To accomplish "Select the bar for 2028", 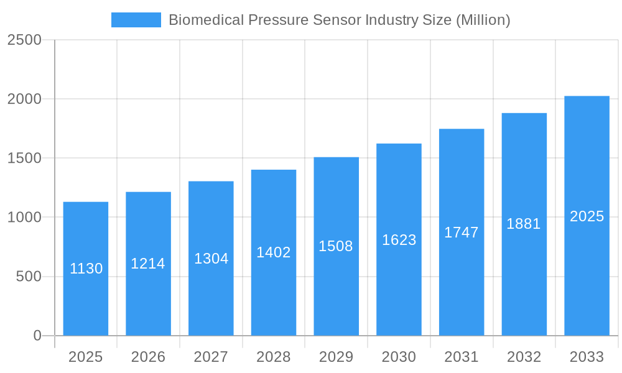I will click(x=274, y=292).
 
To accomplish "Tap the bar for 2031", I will click(x=462, y=280).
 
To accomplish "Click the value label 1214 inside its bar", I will click(x=148, y=264).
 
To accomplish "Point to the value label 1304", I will click(x=211, y=259).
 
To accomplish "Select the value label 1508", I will click(x=336, y=246).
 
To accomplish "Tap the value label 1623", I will click(x=399, y=240).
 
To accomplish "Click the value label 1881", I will click(x=524, y=224).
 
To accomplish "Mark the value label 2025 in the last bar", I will click(x=587, y=216).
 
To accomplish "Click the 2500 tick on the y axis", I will click(x=24, y=40).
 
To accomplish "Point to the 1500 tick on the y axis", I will click(x=24, y=159).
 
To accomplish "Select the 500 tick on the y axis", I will click(x=29, y=277).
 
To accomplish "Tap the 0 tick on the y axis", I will click(x=37, y=336).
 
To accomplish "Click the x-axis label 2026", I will click(x=148, y=357).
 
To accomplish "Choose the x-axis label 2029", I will click(x=336, y=357).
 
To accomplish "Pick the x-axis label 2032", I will click(x=524, y=357).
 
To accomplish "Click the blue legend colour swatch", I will click(x=136, y=20).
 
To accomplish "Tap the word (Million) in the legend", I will click(x=483, y=20).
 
